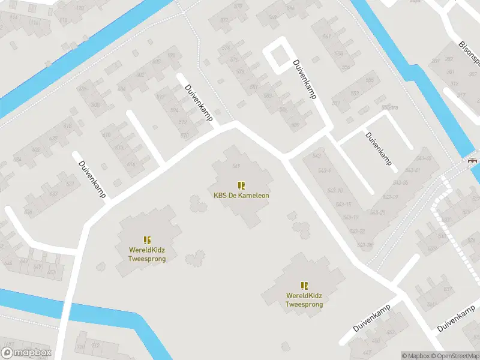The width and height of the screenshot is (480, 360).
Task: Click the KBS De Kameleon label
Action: (x=241, y=196)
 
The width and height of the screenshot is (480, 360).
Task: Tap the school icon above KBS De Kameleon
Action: (x=241, y=185)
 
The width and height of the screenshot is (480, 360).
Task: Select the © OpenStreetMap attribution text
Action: (x=454, y=356)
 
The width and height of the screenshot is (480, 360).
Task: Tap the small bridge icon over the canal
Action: (x=473, y=160)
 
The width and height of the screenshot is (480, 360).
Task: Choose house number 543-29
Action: (x=378, y=212)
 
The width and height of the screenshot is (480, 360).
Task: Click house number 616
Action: (x=131, y=164)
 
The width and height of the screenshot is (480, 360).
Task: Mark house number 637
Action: (x=447, y=289)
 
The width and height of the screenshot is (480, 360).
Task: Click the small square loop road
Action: (x=277, y=55)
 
